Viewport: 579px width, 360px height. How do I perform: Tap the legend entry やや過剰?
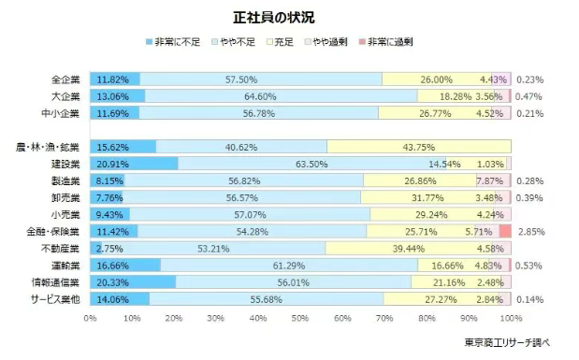tap(330, 42)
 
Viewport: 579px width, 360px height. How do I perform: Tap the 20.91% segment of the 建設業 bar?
tap(134, 164)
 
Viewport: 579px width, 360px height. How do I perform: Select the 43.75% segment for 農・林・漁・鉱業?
tap(419, 147)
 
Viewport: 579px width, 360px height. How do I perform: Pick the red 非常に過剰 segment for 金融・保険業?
tap(505, 231)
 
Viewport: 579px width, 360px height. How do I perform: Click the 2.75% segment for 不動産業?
tap(95, 248)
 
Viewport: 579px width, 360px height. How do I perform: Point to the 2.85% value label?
tap(531, 231)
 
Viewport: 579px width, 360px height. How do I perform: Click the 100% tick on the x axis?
tap(510, 318)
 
